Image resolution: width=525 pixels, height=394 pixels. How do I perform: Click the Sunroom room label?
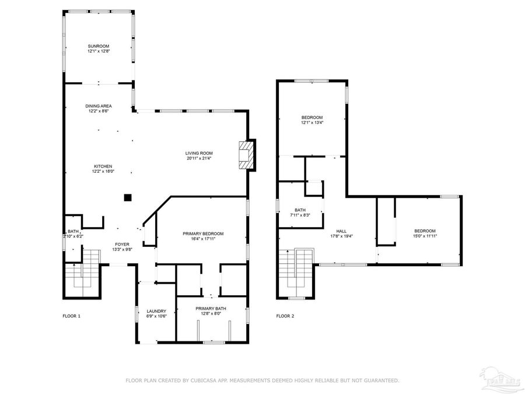tap(99, 46)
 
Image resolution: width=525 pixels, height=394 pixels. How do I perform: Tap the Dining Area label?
tap(99, 106)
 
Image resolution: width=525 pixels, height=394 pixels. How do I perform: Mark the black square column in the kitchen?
tap(127, 198)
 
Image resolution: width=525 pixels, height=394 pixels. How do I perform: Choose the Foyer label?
tap(122, 244)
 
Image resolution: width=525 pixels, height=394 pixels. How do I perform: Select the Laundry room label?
tap(156, 311)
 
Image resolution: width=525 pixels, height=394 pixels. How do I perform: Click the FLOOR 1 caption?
tap(71, 316)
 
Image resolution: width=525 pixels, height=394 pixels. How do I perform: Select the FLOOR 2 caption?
tap(285, 316)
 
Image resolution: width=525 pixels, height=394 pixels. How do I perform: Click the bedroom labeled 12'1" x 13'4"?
tap(311, 117)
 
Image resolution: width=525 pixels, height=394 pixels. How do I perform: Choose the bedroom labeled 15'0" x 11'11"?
tap(425, 231)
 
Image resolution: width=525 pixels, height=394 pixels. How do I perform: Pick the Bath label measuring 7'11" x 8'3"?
tap(300, 210)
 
